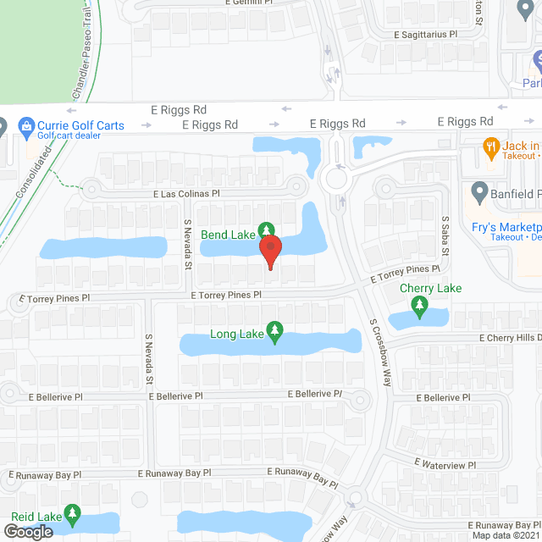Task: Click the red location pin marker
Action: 269,251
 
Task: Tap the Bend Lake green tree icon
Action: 267,230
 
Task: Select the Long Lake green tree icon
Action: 274,331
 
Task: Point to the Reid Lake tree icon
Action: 73,514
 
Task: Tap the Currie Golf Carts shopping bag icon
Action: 27,126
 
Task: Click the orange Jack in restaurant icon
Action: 489,147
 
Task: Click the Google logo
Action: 27,531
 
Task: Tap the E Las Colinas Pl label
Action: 186,194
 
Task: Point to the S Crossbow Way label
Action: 380,352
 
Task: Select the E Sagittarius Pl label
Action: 437,35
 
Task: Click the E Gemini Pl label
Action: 252,3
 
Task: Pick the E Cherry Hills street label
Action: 509,337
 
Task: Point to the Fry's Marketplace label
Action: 506,227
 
